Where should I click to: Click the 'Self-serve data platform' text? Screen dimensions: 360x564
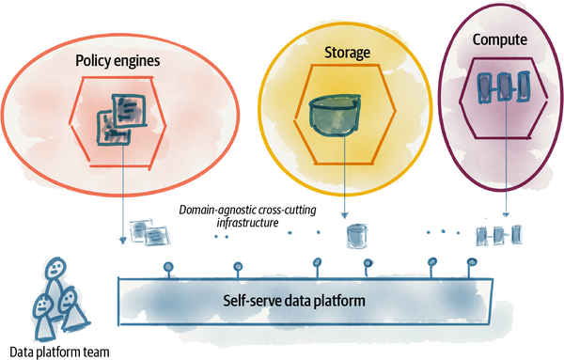click(x=293, y=301)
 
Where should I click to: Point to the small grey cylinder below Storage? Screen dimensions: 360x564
click(x=356, y=234)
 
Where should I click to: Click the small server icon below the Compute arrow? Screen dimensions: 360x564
click(x=498, y=233)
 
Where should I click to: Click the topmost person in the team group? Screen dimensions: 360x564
click(x=56, y=274)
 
